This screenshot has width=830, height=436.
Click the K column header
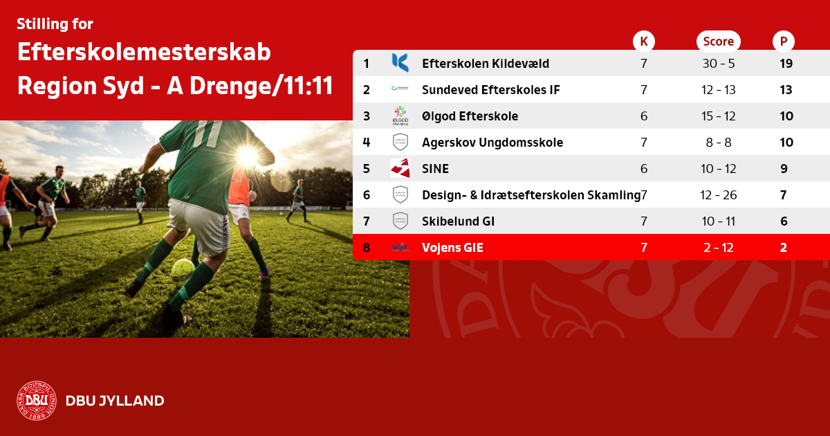(644, 41)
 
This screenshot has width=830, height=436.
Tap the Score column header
(719, 41)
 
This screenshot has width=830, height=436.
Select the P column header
(783, 41)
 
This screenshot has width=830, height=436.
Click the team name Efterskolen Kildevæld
(486, 64)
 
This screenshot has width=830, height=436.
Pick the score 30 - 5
(719, 64)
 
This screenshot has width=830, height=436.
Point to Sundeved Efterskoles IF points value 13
(786, 90)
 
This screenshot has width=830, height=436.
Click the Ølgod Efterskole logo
(400, 116)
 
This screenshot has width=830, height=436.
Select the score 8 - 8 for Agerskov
(719, 143)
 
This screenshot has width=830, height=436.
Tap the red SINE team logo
(400, 168)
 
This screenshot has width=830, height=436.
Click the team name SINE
(435, 169)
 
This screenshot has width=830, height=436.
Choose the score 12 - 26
(719, 195)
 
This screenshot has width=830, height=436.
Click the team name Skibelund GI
(458, 221)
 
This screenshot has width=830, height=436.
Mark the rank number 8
(367, 248)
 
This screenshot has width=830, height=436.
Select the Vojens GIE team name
(452, 248)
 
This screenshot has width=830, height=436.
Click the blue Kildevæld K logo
(400, 63)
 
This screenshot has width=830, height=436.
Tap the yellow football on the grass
(183, 270)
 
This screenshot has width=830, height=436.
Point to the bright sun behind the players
(248, 156)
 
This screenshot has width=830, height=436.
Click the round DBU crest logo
(37, 401)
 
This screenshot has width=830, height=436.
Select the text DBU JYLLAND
(115, 401)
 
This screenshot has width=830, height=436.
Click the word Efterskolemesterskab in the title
(144, 52)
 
